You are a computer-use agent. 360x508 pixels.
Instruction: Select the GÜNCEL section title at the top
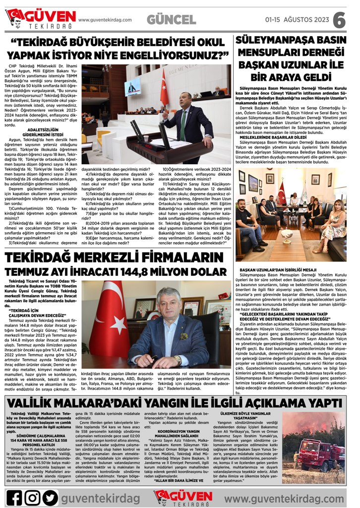coord(171,20)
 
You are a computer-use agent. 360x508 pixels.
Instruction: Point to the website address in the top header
coord(105,20)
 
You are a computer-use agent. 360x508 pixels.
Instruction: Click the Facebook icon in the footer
coord(14,497)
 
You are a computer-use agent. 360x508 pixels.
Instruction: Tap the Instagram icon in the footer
coord(32,497)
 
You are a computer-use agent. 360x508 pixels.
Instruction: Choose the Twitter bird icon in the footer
coord(50,497)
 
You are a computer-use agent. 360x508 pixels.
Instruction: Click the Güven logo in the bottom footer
coord(183,497)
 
